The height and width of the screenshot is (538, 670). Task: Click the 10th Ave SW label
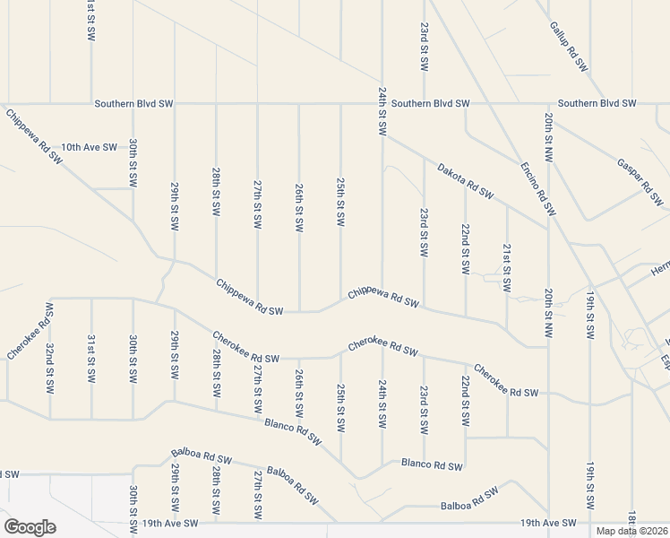click(89, 147)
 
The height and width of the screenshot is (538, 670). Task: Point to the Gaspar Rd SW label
click(637, 178)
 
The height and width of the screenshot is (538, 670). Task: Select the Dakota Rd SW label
click(466, 180)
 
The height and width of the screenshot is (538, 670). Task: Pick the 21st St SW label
click(507, 267)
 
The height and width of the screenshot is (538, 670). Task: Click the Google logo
click(30, 527)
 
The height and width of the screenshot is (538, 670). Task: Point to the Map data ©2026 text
click(631, 531)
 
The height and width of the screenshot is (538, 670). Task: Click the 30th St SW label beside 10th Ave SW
click(133, 162)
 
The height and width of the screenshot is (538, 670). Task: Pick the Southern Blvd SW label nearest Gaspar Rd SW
click(597, 104)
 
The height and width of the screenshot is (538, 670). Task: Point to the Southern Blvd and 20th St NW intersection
click(548, 104)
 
